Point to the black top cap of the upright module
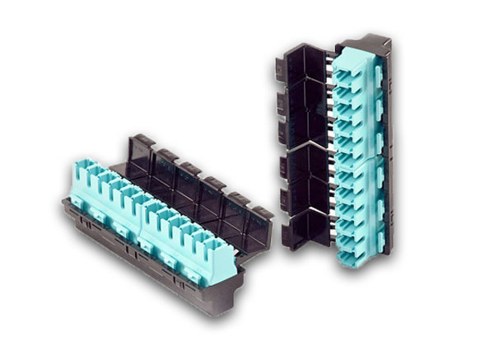[x=374, y=41]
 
